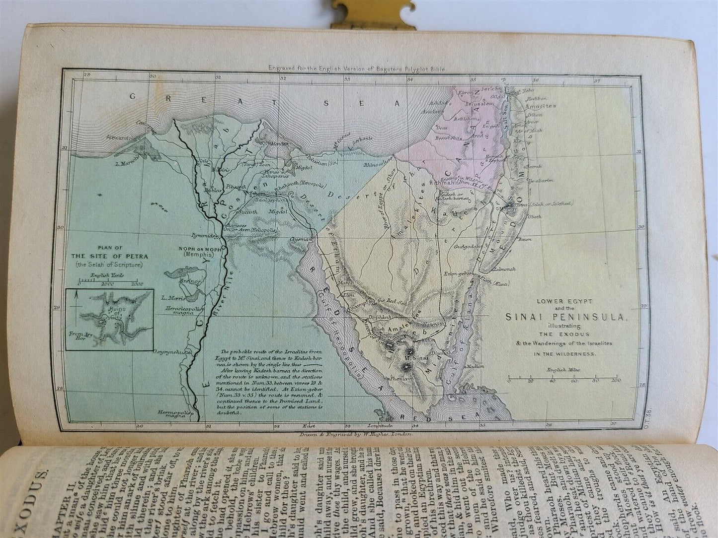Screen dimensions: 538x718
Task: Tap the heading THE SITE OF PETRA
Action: click(x=109, y=256)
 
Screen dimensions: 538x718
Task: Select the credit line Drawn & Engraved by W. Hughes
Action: click(x=353, y=433)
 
